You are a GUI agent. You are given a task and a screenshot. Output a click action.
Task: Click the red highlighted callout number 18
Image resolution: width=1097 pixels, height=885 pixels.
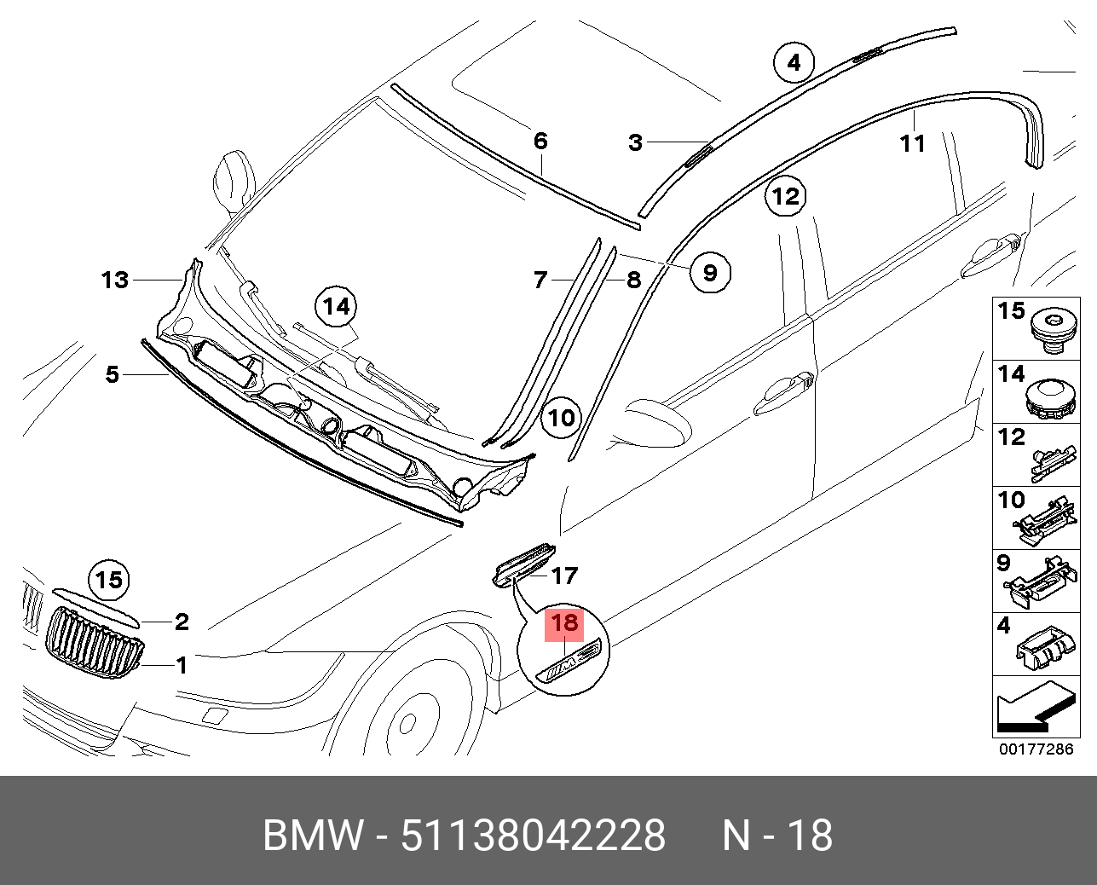pyautogui.click(x=565, y=623)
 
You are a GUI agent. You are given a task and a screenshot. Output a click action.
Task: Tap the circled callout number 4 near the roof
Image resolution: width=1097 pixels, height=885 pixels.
pyautogui.click(x=794, y=62)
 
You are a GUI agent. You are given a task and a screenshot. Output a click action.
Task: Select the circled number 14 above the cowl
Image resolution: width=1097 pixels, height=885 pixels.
pyautogui.click(x=337, y=307)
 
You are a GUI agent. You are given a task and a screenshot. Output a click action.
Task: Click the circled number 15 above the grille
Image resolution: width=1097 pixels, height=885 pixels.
pyautogui.click(x=109, y=581)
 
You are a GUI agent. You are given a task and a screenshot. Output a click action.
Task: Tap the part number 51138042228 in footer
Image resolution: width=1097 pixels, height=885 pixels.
pyautogui.click(x=533, y=836)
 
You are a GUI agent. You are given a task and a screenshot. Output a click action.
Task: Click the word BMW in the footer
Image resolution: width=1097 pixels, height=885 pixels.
pyautogui.click(x=312, y=836)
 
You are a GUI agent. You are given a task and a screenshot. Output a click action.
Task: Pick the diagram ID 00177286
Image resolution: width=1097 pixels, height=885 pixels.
pyautogui.click(x=1036, y=749)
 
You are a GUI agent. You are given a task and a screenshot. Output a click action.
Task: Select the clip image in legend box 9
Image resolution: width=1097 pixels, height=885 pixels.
pyautogui.click(x=1043, y=584)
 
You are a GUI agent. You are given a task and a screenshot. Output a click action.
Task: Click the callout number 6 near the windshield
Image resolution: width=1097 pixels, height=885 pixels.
pyautogui.click(x=540, y=141)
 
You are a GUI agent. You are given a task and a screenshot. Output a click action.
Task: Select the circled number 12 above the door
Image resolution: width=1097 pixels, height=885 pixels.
pyautogui.click(x=785, y=197)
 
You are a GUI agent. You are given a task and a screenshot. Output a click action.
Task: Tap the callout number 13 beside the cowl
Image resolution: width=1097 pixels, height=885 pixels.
pyautogui.click(x=115, y=280)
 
